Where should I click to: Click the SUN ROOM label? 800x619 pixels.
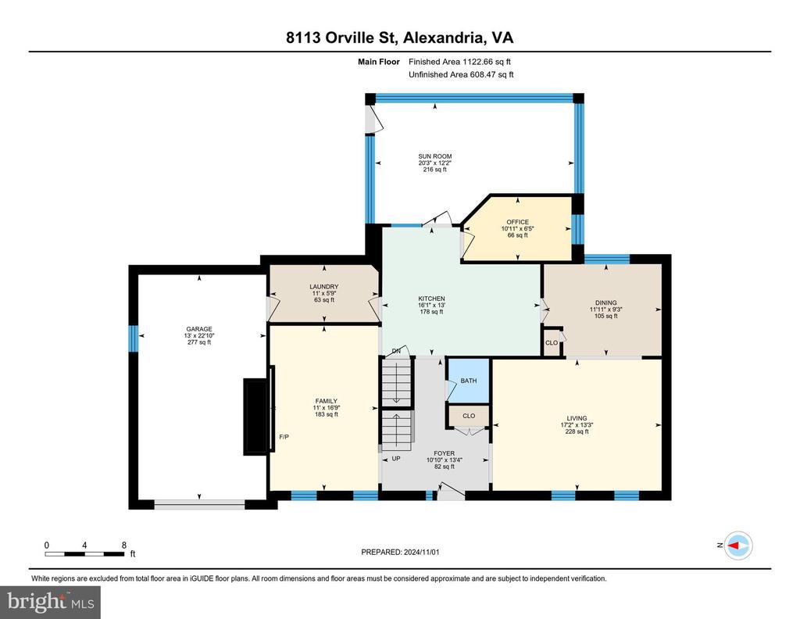pos(434,156)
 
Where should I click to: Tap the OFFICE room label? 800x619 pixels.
pos(517,222)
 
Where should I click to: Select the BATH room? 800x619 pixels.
pos(469,381)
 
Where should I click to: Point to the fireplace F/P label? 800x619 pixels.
pos(284,437)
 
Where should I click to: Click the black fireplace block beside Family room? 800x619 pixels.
pos(256,416)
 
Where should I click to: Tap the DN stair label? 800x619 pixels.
pos(396,351)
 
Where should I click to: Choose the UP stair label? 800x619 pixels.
pos(396,458)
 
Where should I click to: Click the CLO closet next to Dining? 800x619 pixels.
pos(552,342)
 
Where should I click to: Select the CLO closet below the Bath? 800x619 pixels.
pos(469,416)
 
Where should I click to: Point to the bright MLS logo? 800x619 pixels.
pos(51,602)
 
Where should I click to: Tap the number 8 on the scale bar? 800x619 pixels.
pos(124,545)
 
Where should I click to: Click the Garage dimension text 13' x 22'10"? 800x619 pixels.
pos(198,336)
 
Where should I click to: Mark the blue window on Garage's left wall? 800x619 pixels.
pos(133,338)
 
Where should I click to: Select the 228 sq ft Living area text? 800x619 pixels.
pos(577,431)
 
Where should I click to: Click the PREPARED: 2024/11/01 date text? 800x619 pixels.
pos(400,552)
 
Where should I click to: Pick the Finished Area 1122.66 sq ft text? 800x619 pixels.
pos(459,62)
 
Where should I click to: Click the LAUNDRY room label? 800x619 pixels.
pos(323,287)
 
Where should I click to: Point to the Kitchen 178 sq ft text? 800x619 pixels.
pos(431,311)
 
